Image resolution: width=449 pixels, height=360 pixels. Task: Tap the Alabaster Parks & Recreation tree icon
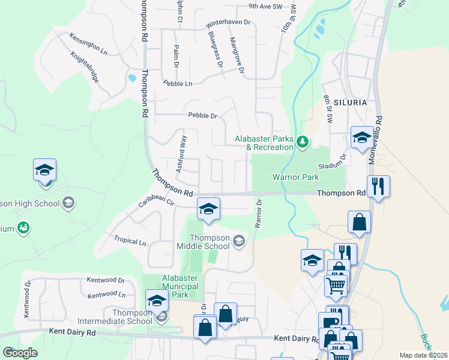(303, 142)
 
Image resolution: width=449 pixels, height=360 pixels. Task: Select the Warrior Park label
(295, 177)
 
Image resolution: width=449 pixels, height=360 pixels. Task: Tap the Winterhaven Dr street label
(231, 24)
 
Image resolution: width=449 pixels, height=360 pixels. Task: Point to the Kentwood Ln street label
(106, 295)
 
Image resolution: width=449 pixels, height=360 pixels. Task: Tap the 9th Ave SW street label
(265, 6)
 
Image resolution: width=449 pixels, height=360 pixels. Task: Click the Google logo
(20, 353)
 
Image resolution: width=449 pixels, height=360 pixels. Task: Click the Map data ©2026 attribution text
(423, 355)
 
